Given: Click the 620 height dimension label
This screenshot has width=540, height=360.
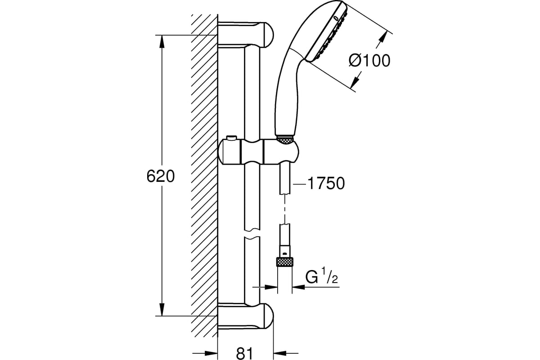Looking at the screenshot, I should [161, 176].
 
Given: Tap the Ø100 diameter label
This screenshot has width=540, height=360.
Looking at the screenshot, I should [369, 60].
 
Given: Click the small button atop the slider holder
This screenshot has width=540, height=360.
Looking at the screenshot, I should [231, 138].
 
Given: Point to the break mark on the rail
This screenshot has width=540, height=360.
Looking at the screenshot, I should [252, 235].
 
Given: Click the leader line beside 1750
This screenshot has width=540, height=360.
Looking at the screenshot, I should [299, 184].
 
